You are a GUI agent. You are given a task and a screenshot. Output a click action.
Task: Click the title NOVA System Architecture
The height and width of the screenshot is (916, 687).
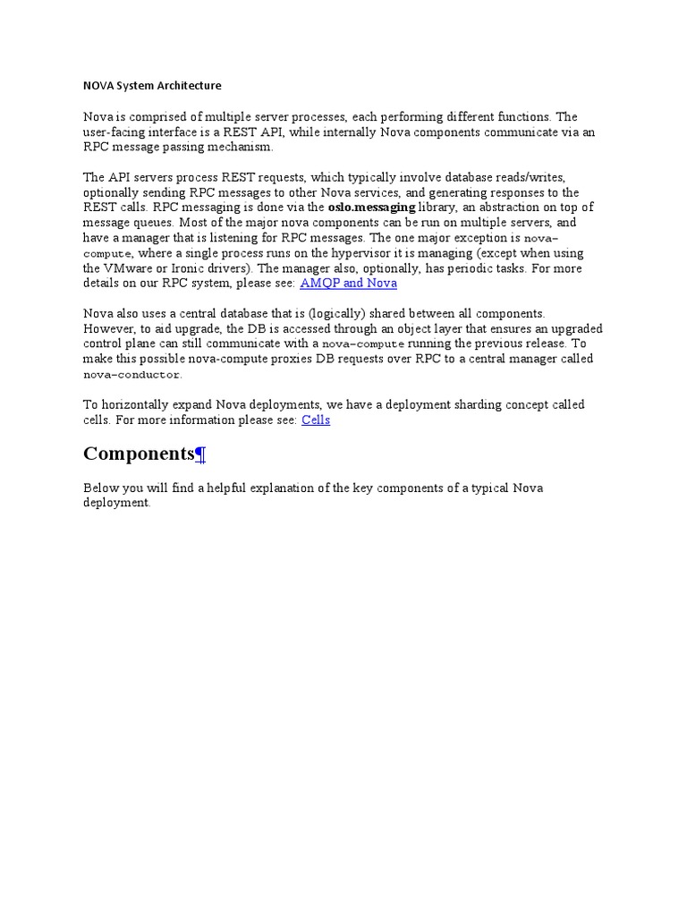click(x=152, y=86)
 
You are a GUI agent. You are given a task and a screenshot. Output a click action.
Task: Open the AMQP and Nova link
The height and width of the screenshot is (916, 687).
click(x=348, y=283)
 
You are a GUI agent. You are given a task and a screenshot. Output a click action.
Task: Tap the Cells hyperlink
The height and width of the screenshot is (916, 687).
click(x=316, y=420)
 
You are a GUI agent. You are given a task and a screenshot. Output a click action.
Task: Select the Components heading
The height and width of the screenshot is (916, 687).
click(x=139, y=454)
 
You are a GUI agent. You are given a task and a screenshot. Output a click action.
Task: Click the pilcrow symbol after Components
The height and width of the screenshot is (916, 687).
click(x=201, y=455)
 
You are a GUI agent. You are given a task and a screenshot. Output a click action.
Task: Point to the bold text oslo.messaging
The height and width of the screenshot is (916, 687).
click(x=372, y=207)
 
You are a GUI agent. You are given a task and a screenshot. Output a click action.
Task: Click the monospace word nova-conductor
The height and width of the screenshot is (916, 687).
click(x=131, y=375)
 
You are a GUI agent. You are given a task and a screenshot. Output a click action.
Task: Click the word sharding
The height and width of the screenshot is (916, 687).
click(x=454, y=404)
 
